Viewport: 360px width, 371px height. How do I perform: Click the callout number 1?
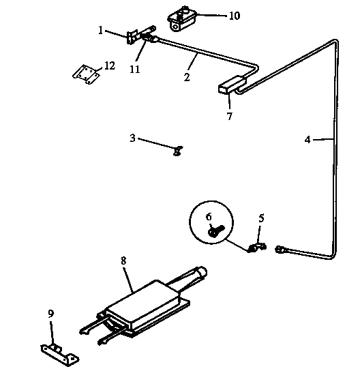100,30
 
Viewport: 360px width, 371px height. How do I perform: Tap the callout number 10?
233,15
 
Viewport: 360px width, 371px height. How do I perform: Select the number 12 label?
109,66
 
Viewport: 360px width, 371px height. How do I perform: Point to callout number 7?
229,117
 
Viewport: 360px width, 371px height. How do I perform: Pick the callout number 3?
132,138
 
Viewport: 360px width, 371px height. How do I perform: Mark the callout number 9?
50,314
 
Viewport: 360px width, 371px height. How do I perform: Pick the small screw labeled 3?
177,151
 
